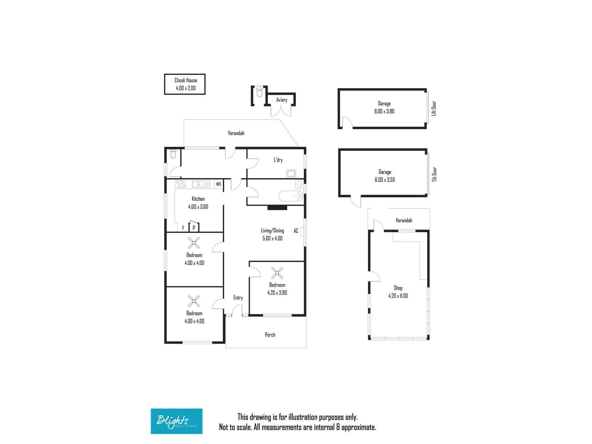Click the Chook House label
(186, 80)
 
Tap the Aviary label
(282, 100)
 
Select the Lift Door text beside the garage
(434, 108)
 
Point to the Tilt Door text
(434, 174)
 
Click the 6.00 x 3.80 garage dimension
(384, 111)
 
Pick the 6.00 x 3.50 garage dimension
(385, 180)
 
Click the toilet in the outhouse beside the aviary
(260, 92)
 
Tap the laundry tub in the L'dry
(291, 174)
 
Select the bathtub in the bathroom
(291, 196)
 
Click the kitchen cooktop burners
(181, 184)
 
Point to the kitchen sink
(201, 184)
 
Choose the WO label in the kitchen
(219, 184)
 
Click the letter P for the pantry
(194, 228)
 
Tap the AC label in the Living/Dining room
(296, 231)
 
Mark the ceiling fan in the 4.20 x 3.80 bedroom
(277, 273)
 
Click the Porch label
(270, 335)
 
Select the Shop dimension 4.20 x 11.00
(398, 296)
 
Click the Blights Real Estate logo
(176, 421)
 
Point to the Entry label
(238, 298)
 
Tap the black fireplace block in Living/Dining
(277, 208)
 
